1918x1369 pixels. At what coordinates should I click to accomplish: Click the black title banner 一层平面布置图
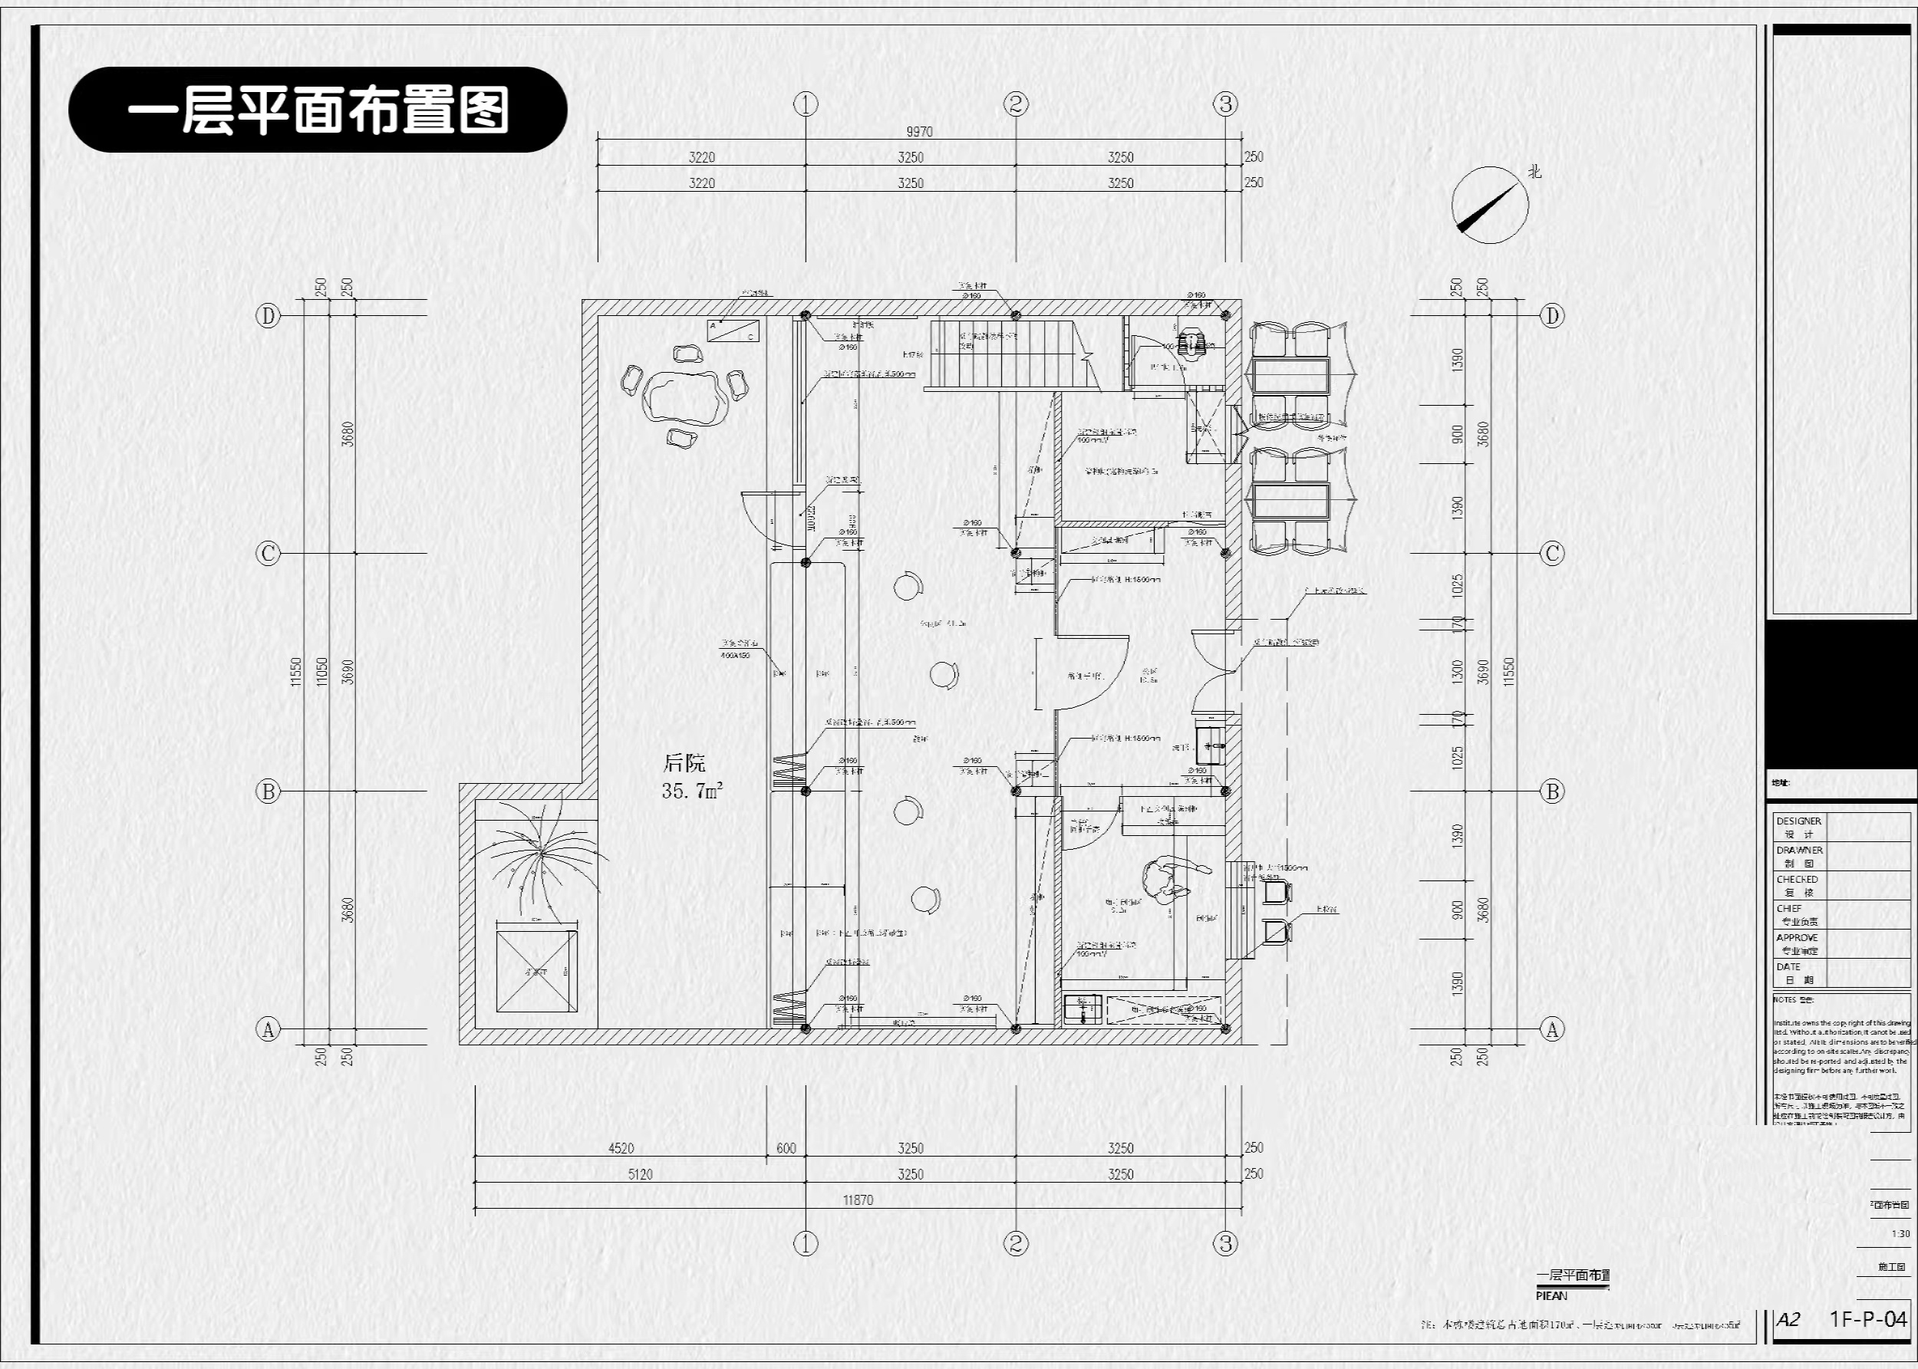pos(317,110)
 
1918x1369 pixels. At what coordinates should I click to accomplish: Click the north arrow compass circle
pos(1490,205)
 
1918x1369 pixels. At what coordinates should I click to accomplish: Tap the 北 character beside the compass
pos(1534,171)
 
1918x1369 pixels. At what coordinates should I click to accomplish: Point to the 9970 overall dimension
pos(919,131)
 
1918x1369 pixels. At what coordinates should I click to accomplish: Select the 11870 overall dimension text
pos(858,1200)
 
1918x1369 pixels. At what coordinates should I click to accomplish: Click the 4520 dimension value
pos(621,1148)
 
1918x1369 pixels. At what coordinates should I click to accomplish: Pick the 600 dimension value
pos(785,1148)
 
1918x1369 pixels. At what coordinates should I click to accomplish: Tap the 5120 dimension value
pos(640,1174)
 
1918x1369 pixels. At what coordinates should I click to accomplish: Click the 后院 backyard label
pos(684,764)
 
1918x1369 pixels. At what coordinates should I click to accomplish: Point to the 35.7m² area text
pos(691,791)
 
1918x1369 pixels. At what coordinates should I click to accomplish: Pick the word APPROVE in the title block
pos(1797,937)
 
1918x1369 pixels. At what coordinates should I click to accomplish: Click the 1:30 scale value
pos(1900,1234)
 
